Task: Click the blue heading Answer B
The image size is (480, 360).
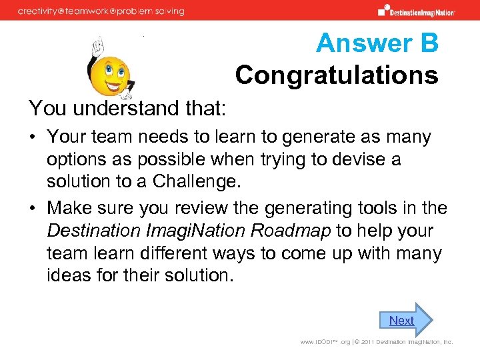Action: pyautogui.click(x=377, y=43)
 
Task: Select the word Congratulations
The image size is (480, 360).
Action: pyautogui.click(x=337, y=75)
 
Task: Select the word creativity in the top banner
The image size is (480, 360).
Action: pyautogui.click(x=41, y=11)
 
